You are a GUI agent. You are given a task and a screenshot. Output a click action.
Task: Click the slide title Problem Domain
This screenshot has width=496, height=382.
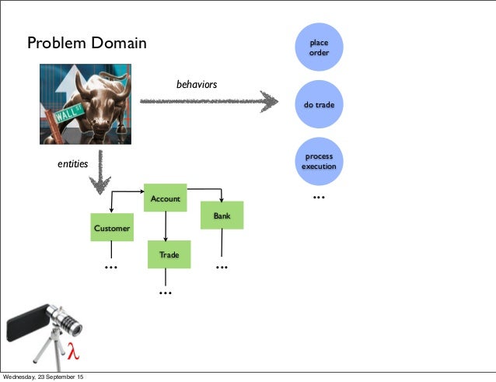tap(87, 43)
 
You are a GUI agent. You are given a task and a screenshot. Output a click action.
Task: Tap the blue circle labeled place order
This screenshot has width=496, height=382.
tap(319, 47)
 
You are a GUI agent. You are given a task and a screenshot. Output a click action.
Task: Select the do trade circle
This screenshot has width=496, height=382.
tap(319, 103)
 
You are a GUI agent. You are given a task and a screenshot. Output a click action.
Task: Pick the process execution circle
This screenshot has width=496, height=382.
tap(319, 161)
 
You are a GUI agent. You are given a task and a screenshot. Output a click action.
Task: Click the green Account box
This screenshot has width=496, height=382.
tap(165, 198)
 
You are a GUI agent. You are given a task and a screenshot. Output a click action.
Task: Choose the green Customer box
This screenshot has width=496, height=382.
tap(112, 228)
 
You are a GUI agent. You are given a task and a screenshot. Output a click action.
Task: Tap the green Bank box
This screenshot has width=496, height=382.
tap(222, 216)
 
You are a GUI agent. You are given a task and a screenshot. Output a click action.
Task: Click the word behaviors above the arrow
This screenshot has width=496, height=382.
tap(197, 83)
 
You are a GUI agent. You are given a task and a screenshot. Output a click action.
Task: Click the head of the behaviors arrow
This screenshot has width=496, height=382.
tap(269, 101)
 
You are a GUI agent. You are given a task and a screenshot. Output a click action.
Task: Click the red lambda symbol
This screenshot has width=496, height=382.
tap(74, 352)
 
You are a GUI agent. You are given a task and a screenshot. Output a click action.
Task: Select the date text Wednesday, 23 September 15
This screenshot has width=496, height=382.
tap(44, 377)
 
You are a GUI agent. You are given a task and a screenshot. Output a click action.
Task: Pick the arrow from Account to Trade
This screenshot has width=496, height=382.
tap(165, 226)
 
